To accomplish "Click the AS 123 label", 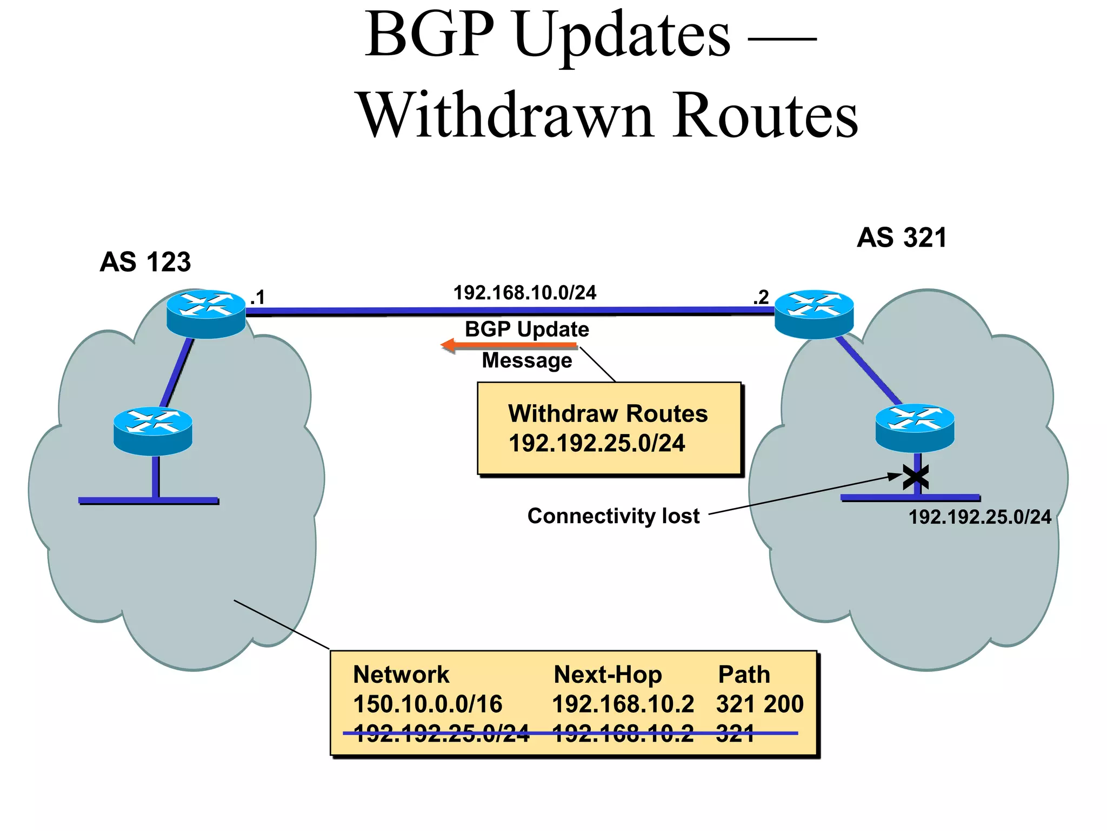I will [x=145, y=262].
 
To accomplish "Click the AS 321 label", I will [x=902, y=238].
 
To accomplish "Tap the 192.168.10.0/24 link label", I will [x=524, y=293].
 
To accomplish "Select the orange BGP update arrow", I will [x=509, y=345].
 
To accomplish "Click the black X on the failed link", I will [x=916, y=477].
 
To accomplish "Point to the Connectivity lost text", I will [x=613, y=516].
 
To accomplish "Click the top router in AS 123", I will [x=206, y=314].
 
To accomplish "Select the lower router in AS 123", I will [x=153, y=431].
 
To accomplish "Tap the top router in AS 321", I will [x=814, y=314].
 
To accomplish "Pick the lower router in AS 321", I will [x=915, y=428].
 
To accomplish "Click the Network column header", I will [x=401, y=675].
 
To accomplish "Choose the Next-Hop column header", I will [x=608, y=675].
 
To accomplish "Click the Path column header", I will [x=744, y=675].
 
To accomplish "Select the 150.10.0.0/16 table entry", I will [x=428, y=704].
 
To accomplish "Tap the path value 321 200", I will [x=759, y=704].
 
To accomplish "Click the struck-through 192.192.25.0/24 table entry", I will [x=441, y=734].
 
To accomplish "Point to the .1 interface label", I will [x=257, y=298].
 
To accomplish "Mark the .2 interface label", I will [x=761, y=297].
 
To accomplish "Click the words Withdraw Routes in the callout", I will [x=608, y=414].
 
